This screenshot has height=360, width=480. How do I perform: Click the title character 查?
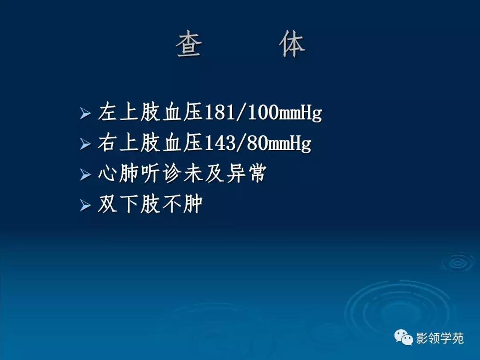pyautogui.click(x=189, y=46)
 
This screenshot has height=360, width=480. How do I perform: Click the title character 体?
pyautogui.click(x=292, y=46)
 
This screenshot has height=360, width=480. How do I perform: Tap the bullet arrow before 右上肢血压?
pyautogui.click(x=85, y=145)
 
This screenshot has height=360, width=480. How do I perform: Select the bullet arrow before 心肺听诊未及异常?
pyautogui.click(x=85, y=175)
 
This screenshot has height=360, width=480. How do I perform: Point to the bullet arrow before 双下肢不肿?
pyautogui.click(x=85, y=205)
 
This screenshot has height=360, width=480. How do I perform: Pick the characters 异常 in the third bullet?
pyautogui.click(x=246, y=174)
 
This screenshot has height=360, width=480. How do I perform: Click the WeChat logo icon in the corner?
pyautogui.click(x=404, y=338)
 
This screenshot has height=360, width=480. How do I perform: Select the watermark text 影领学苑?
pyautogui.click(x=440, y=339)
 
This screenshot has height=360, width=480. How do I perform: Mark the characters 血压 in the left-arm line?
pyautogui.click(x=182, y=114)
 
